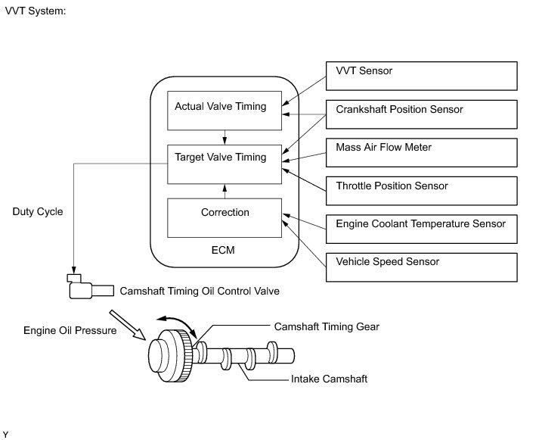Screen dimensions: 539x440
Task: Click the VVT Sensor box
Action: [421, 76]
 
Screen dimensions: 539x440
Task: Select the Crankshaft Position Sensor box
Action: [421, 114]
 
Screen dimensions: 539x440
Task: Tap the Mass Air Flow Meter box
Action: [421, 152]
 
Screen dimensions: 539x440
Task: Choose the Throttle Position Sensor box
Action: [421, 191]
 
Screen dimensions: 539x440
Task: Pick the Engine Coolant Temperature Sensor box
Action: [421, 229]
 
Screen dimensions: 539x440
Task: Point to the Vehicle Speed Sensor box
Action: [421, 267]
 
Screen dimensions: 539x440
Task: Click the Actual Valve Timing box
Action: [225, 111]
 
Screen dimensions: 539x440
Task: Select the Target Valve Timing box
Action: [225, 164]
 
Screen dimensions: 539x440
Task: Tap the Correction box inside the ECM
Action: [225, 218]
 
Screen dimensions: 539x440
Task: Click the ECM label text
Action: [223, 250]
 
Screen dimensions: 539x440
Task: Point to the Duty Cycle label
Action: [38, 211]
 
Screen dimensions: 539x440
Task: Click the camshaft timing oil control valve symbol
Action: [91, 286]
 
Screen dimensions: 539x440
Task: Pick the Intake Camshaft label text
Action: [329, 379]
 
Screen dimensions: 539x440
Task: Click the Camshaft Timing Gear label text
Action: [327, 326]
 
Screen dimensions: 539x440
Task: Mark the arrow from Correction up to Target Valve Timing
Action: [225, 192]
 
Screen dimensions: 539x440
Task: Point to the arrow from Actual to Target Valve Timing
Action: [225, 137]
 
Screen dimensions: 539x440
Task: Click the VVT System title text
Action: [36, 11]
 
